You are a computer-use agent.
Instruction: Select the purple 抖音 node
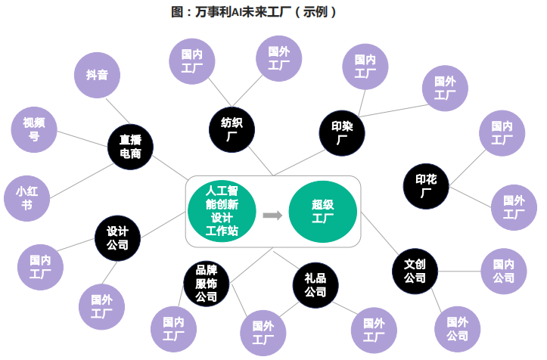pyautogui.click(x=96, y=75)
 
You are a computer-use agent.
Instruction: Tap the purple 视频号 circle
pyautogui.click(x=34, y=129)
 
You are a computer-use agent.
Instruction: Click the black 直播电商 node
pyautogui.click(x=130, y=146)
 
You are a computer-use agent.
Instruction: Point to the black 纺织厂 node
pyautogui.click(x=231, y=129)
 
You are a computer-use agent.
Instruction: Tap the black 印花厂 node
pyautogui.click(x=426, y=185)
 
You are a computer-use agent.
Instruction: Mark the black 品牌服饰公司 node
pyautogui.click(x=207, y=284)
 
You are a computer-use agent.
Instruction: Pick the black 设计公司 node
pyautogui.click(x=117, y=238)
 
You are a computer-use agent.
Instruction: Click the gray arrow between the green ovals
pyautogui.click(x=272, y=216)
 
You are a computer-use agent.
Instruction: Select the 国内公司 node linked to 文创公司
pyautogui.click(x=504, y=271)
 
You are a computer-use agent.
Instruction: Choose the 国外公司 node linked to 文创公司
pyautogui.click(x=457, y=328)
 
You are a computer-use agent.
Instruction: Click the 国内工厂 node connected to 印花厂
pyautogui.click(x=502, y=132)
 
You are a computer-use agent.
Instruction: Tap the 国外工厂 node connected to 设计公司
pyautogui.click(x=101, y=306)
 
